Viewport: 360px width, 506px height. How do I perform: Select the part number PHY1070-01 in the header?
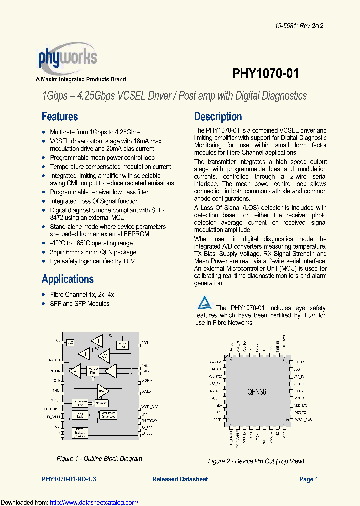click(x=265, y=74)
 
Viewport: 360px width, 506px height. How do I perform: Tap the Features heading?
click(x=60, y=117)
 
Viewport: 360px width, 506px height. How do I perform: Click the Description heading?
click(x=218, y=117)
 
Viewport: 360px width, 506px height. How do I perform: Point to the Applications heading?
click(x=68, y=279)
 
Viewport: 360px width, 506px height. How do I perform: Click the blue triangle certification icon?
click(x=204, y=303)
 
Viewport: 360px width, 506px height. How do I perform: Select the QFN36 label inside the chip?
click(x=256, y=392)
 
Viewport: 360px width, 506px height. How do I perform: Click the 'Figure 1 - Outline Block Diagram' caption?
click(x=99, y=459)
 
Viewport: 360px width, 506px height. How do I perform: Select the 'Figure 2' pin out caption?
click(x=256, y=461)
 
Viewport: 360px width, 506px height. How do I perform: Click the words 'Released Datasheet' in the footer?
click(x=180, y=479)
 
